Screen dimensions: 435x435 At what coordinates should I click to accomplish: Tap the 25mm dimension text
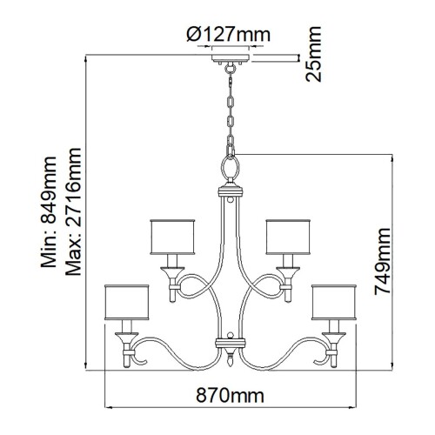tap(314, 55)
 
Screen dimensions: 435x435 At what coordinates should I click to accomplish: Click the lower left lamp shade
tap(125, 301)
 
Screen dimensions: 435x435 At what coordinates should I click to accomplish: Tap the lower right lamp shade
tap(333, 301)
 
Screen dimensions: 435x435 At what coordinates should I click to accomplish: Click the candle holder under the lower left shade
tap(126, 341)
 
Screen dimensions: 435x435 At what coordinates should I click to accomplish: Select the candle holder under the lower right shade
tap(332, 341)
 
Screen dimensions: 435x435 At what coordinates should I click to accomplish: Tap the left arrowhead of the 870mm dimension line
tap(108, 407)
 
